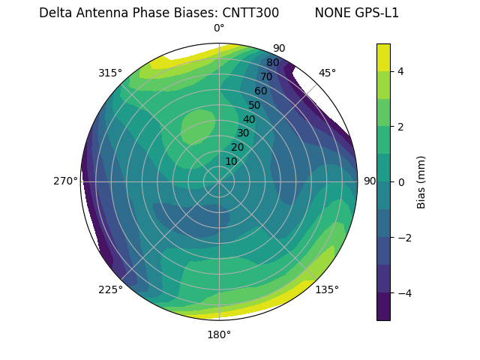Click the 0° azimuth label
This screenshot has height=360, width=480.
(219, 28)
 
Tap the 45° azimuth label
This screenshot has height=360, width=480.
(327, 73)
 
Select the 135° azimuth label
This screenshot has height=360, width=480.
(327, 289)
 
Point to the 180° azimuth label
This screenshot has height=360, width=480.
(219, 334)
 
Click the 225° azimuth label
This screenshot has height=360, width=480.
(110, 289)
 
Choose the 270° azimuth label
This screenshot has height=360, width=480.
(66, 181)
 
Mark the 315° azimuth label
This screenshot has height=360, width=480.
(110, 73)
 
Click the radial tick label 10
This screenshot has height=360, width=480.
(231, 161)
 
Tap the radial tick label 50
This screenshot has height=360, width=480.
(254, 105)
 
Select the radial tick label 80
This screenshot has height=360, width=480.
(272, 63)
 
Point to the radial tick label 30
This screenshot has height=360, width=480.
(243, 133)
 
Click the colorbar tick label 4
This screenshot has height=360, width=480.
(401, 71)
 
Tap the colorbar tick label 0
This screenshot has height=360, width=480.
(401, 182)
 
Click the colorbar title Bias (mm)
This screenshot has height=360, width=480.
(421, 182)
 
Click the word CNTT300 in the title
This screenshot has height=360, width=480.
(250, 13)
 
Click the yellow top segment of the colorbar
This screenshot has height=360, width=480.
(383, 57)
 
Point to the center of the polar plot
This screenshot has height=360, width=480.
(219, 181)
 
